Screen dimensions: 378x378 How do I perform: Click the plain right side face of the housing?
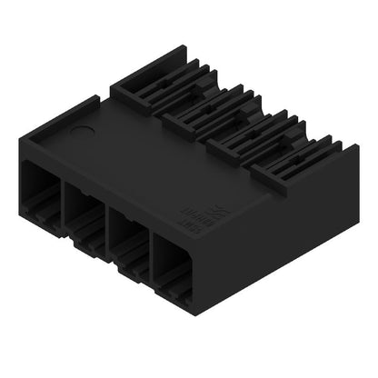pyautogui.click(x=291, y=245)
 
